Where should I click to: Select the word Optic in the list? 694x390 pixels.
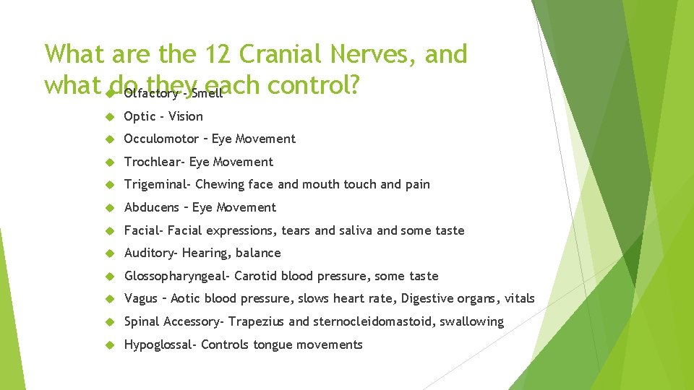click(x=139, y=116)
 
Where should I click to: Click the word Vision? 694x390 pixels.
click(x=186, y=116)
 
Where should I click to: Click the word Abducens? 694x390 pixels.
click(x=151, y=207)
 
